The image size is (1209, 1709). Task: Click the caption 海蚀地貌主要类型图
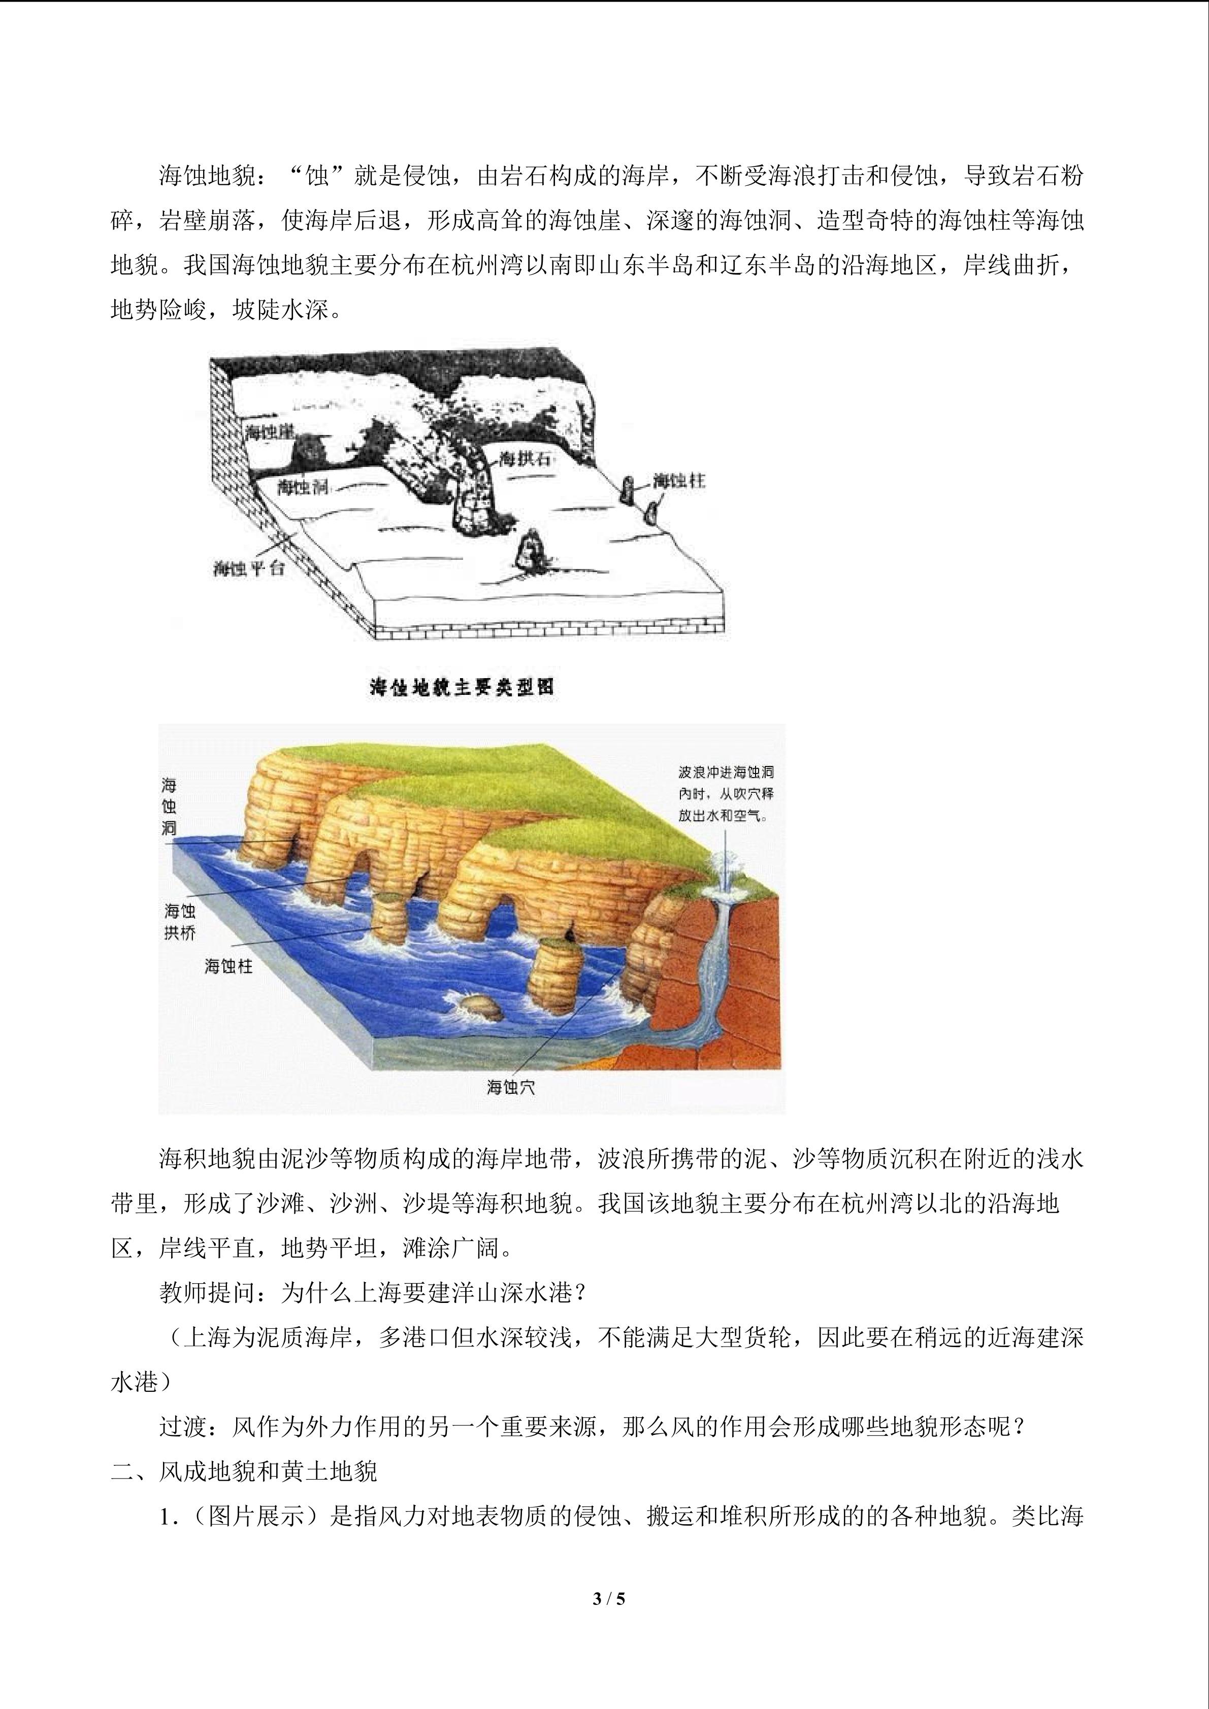pos(462,687)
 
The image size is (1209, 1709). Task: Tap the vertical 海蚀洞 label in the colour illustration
pos(170,808)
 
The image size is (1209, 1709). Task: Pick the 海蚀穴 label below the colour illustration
pos(511,1088)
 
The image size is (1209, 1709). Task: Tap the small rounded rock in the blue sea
pos(479,1007)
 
